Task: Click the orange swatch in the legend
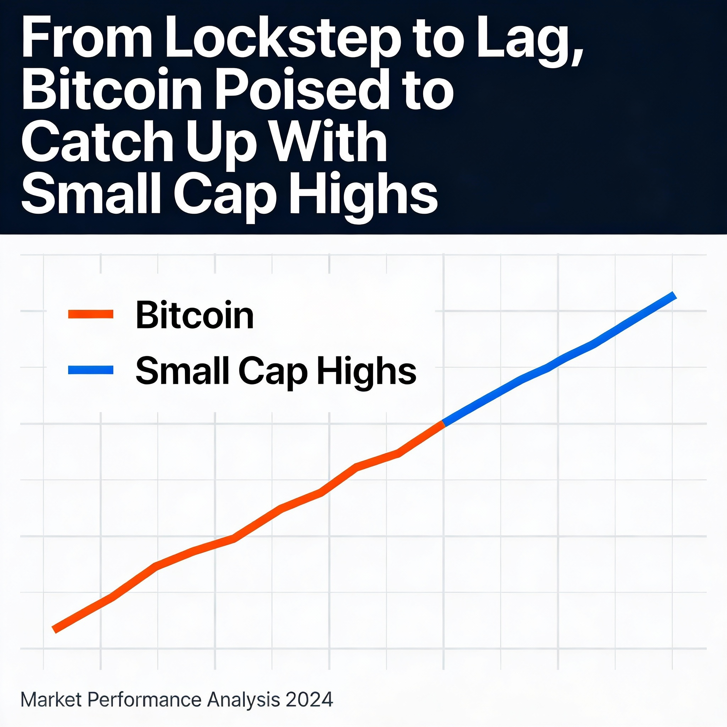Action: tap(91, 314)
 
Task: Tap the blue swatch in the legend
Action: tap(91, 370)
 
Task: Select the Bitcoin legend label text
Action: tap(195, 315)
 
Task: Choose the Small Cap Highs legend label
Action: tap(276, 371)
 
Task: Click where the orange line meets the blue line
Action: tap(444, 424)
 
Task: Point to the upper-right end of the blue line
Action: tap(675, 295)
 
